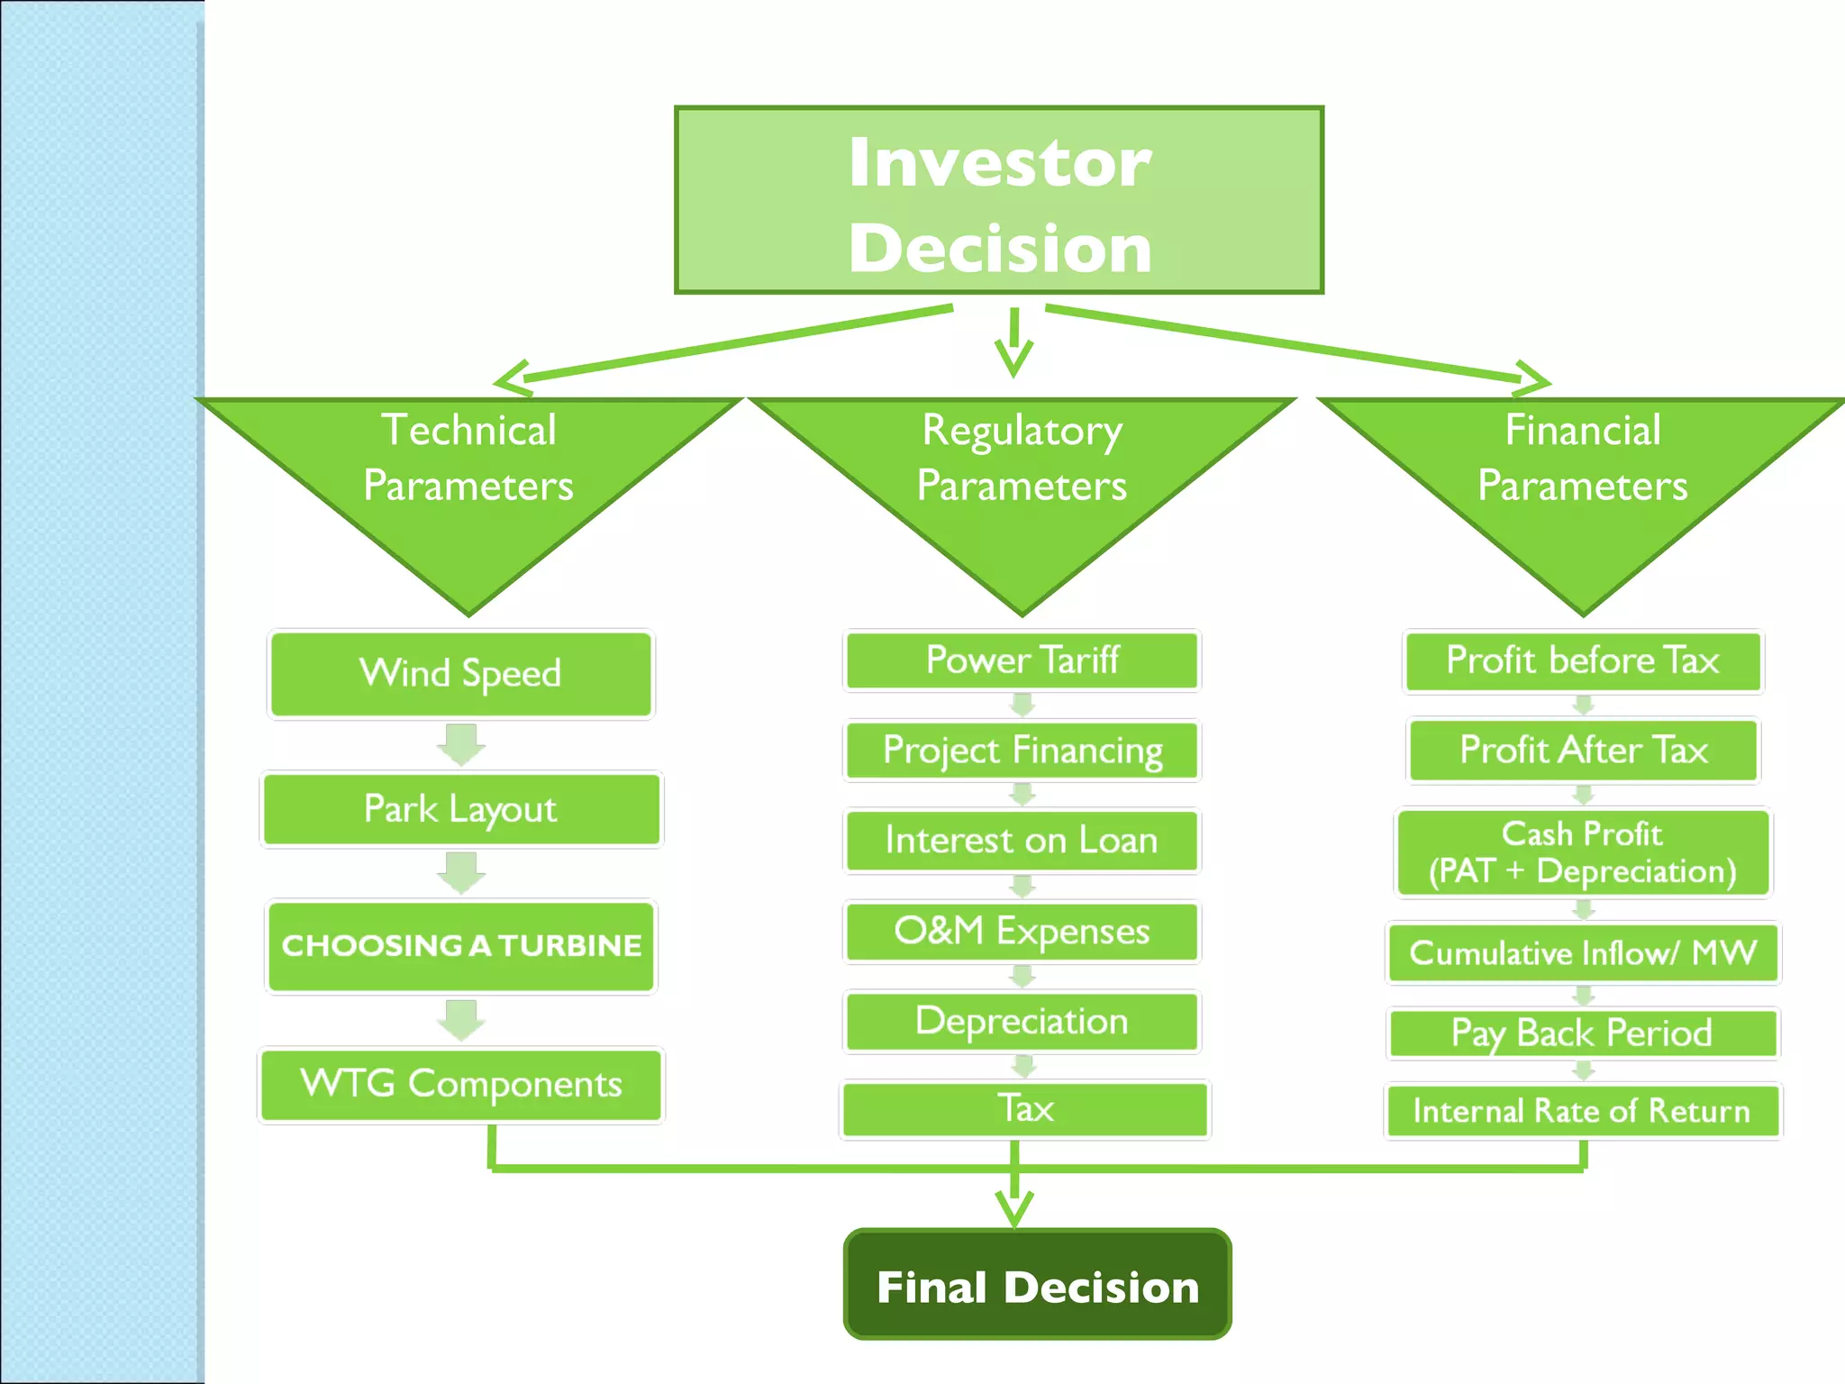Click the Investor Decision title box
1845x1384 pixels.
point(998,200)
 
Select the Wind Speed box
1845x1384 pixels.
point(460,674)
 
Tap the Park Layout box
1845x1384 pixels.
point(460,809)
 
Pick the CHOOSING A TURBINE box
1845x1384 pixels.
point(460,946)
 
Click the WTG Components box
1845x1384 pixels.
point(460,1084)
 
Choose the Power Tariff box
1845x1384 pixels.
point(1022,660)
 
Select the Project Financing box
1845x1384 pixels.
point(1022,750)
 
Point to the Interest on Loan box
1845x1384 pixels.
point(1022,841)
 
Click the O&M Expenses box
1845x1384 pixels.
point(1022,931)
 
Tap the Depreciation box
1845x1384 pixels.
point(1022,1021)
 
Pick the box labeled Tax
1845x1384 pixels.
point(1024,1109)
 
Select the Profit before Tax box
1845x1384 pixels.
point(1582,660)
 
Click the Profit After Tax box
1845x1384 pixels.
point(1583,750)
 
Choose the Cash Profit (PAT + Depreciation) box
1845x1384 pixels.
point(1582,852)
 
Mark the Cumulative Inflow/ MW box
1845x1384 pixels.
point(1583,952)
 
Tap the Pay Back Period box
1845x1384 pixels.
point(1582,1033)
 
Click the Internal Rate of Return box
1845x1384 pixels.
point(1582,1111)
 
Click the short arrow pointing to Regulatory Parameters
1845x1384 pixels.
point(1013,342)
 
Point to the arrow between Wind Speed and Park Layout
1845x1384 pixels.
point(461,744)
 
